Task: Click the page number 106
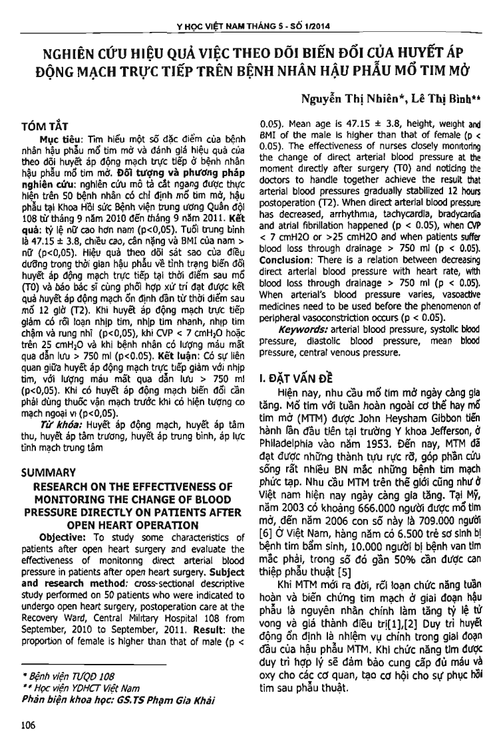click(29, 724)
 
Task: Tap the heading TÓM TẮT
click(45, 125)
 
